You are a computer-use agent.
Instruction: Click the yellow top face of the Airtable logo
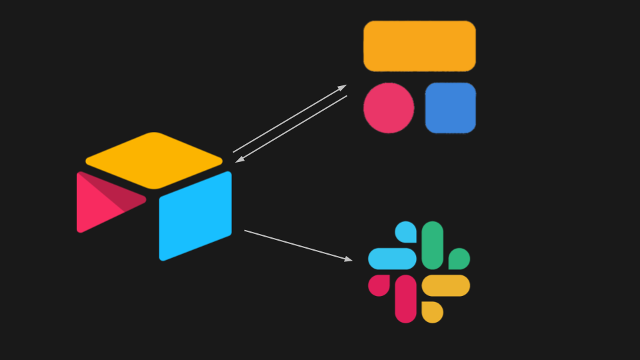pyautogui.click(x=154, y=160)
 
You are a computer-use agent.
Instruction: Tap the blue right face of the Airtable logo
pyautogui.click(x=195, y=215)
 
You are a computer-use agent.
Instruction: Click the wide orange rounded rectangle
pyautogui.click(x=419, y=46)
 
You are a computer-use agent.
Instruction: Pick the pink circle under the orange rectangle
pyautogui.click(x=389, y=108)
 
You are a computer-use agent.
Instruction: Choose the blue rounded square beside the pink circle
pyautogui.click(x=451, y=108)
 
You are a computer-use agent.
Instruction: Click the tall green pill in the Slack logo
pyautogui.click(x=433, y=245)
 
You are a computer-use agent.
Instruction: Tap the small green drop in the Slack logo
pyautogui.click(x=459, y=259)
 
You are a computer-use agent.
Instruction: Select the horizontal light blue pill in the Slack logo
pyautogui.click(x=392, y=259)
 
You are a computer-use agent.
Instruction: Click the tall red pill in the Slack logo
pyautogui.click(x=405, y=299)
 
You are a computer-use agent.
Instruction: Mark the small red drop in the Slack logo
pyautogui.click(x=379, y=285)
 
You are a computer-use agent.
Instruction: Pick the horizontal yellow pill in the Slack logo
pyautogui.click(x=446, y=285)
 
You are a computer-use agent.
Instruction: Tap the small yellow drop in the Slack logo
pyautogui.click(x=432, y=311)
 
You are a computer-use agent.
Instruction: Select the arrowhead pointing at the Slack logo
pyautogui.click(x=348, y=259)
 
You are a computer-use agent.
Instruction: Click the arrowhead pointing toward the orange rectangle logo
pyautogui.click(x=342, y=87)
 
